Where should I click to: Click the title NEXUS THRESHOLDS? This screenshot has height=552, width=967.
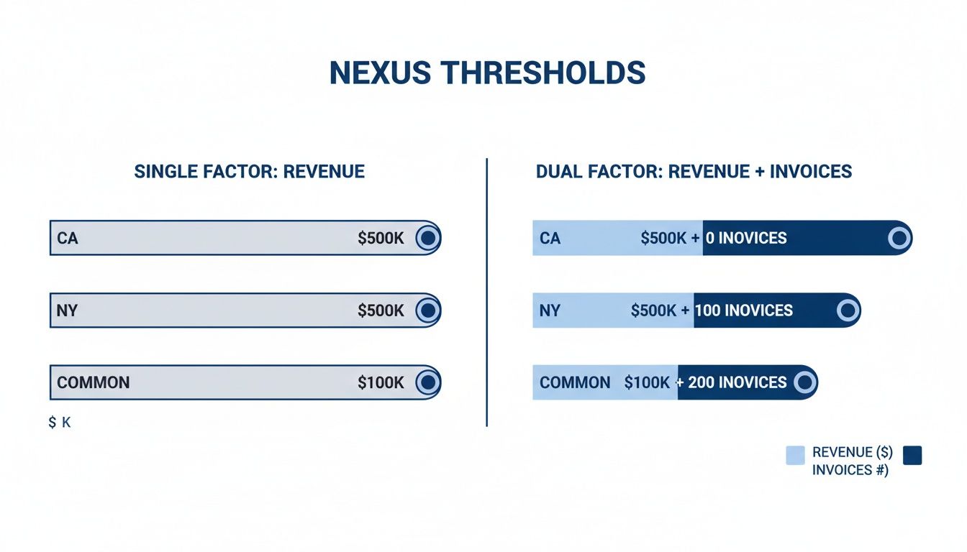tap(487, 74)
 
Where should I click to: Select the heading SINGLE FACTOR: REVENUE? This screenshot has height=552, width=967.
tap(249, 172)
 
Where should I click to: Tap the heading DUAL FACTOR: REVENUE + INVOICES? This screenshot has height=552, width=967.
tap(694, 172)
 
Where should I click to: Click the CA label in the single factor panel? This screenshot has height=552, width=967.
tap(68, 238)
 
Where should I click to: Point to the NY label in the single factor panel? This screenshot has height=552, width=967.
tap(67, 310)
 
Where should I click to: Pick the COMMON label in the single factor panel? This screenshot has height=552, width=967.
tap(94, 382)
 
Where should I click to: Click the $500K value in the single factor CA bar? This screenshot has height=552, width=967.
tap(381, 238)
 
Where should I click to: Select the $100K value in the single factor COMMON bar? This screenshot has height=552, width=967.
tap(381, 382)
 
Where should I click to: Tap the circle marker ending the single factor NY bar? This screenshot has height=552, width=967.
tap(427, 310)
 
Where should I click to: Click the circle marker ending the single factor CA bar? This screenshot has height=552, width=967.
tap(427, 238)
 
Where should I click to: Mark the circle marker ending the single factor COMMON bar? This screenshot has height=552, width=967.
tap(427, 382)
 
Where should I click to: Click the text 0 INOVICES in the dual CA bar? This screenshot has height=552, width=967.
tap(746, 238)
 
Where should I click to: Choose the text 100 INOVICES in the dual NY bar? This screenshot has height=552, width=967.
tap(743, 310)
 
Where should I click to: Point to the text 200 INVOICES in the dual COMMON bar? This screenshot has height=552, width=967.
tap(737, 382)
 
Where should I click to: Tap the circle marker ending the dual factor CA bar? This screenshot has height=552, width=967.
tap(899, 238)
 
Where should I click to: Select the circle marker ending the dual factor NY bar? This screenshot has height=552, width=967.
tap(848, 310)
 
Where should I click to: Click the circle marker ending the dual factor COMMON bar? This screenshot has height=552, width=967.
tap(804, 382)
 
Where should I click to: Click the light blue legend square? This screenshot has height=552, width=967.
tap(795, 455)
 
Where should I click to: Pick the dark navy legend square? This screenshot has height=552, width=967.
tap(912, 455)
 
